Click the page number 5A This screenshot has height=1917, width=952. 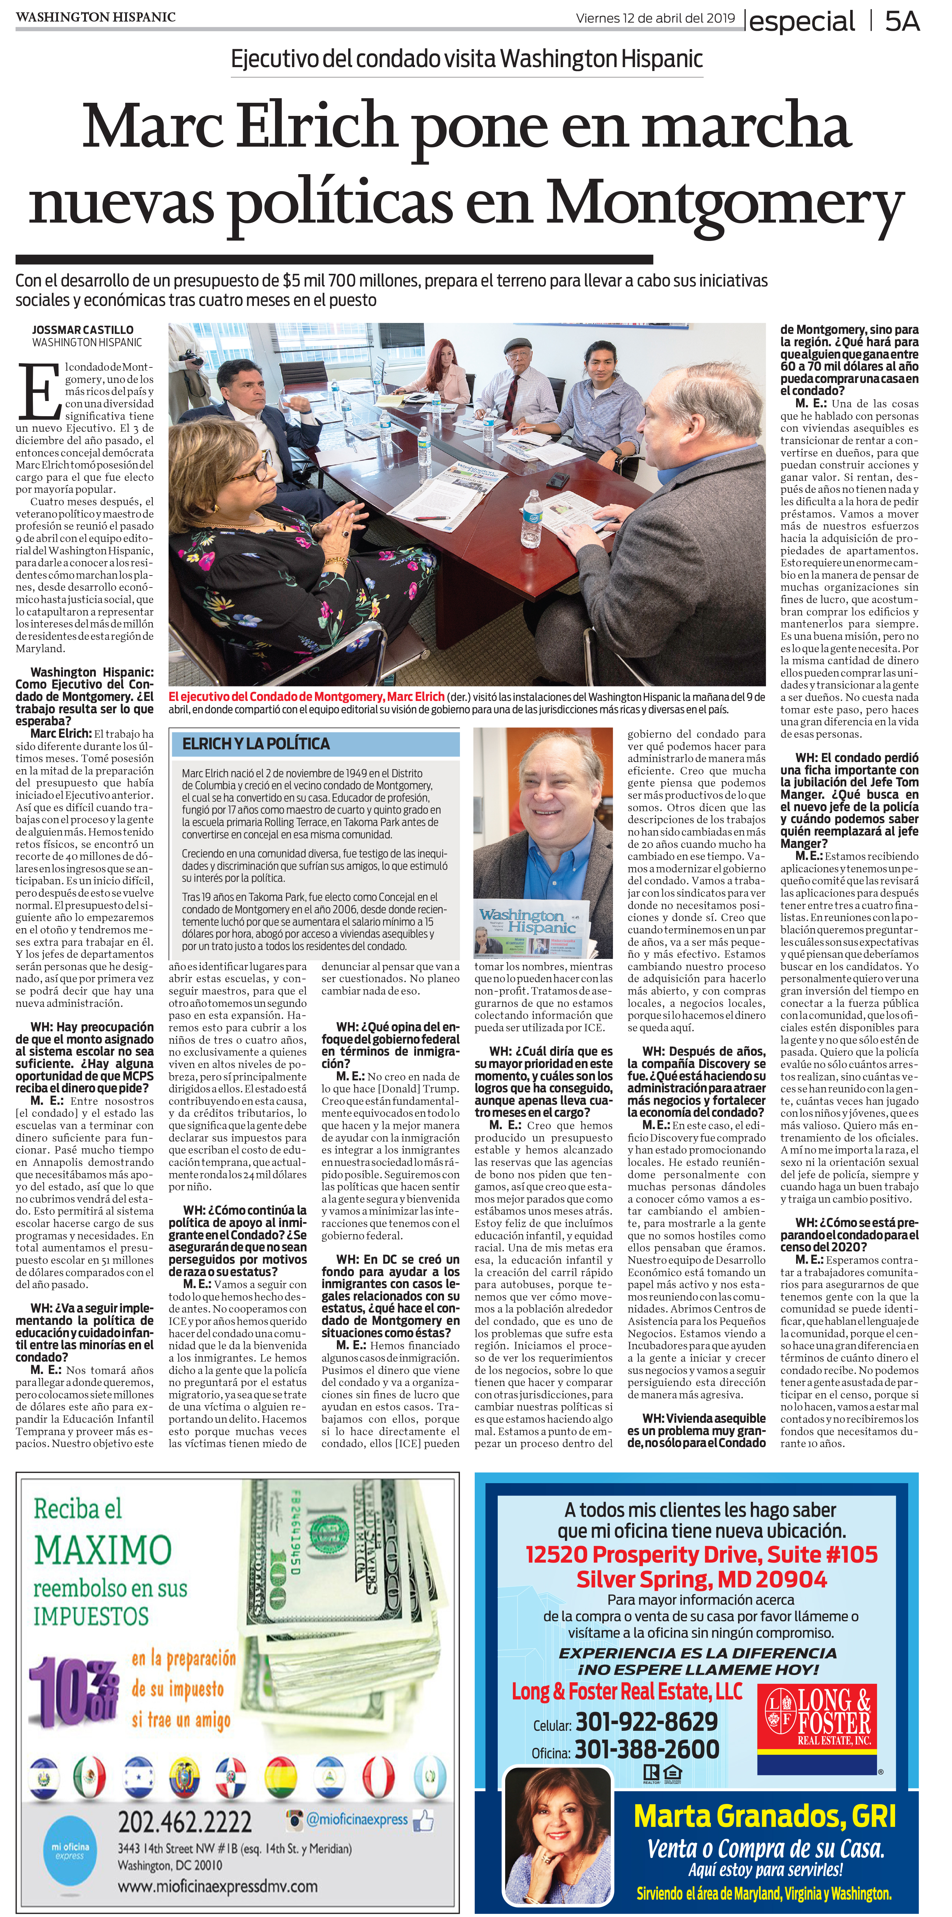(x=902, y=22)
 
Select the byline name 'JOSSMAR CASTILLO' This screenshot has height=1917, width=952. (x=83, y=330)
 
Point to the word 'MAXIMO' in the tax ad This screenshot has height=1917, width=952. (x=103, y=1551)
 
